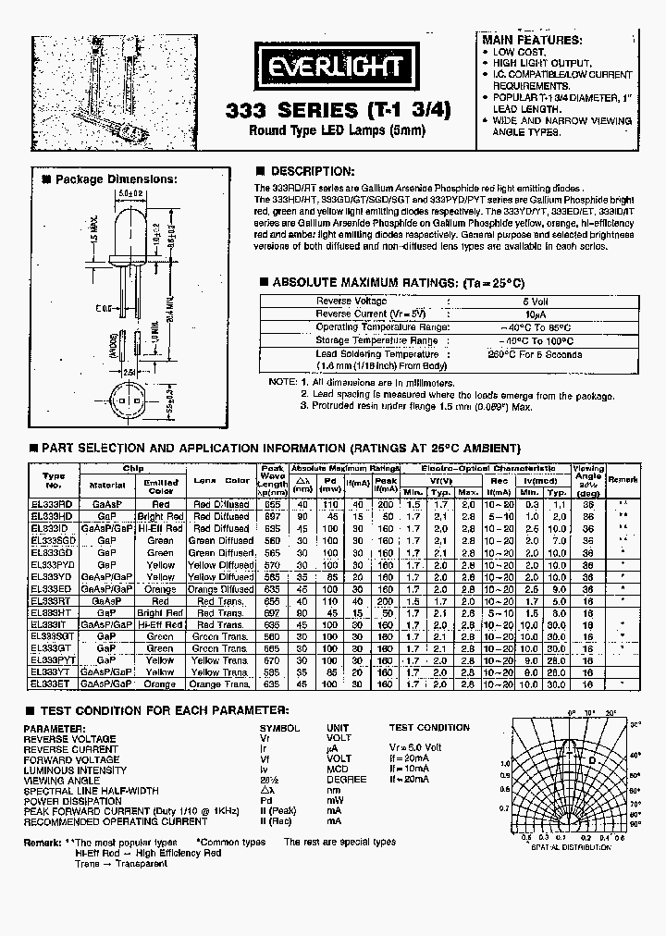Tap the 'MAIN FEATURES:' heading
(532, 40)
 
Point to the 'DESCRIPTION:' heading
(312, 171)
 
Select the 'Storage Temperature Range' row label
(376, 340)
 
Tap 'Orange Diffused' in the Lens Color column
(220, 588)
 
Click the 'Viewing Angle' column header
(588, 478)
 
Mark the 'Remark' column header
(623, 480)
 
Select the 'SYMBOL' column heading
(279, 728)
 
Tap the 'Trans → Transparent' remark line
(121, 863)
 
